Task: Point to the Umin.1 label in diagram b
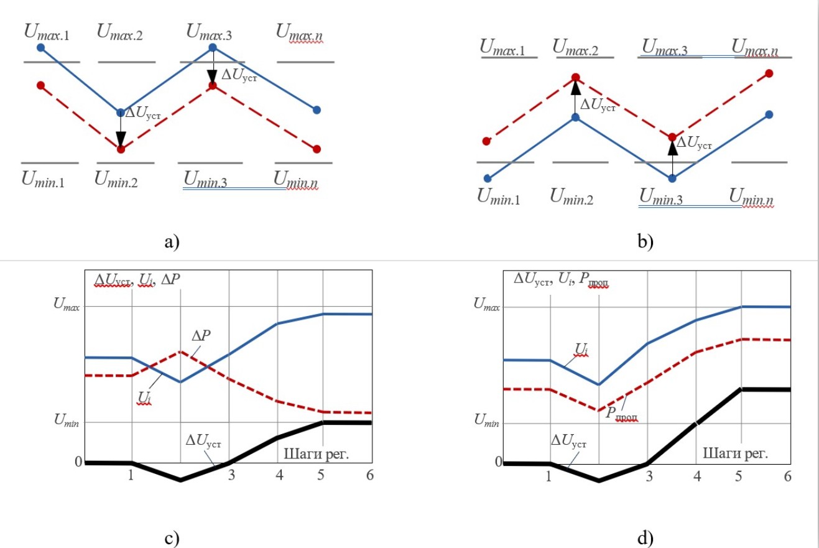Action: [499, 197]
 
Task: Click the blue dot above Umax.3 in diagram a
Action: [213, 47]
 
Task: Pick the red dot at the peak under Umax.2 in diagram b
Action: [575, 78]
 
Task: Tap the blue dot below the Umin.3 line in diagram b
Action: [672, 179]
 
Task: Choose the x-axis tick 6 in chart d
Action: [788, 476]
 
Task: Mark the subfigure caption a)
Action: [171, 242]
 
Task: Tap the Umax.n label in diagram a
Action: [303, 32]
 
